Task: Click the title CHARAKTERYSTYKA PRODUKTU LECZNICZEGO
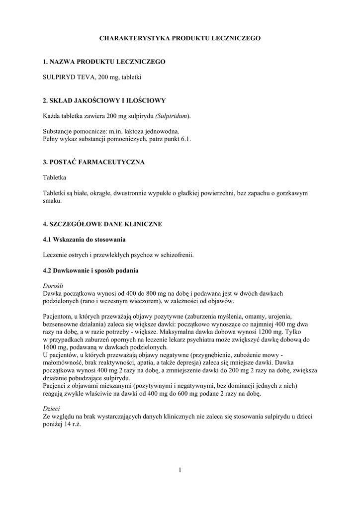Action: click(x=180, y=38)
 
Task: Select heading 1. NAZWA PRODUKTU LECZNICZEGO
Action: click(x=104, y=62)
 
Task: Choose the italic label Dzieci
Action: click(x=51, y=409)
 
